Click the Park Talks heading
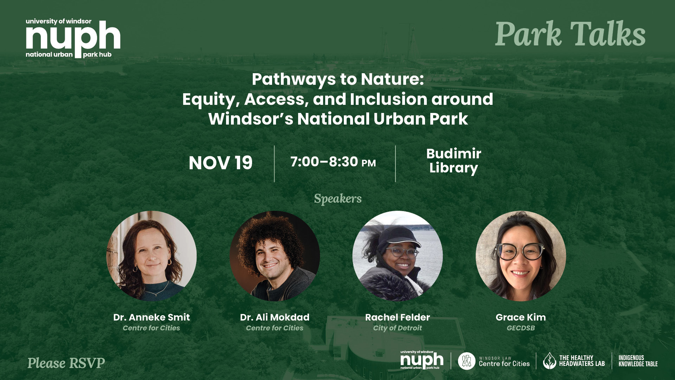(570, 34)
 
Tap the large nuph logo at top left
(73, 38)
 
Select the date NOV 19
(221, 163)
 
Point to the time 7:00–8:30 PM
(333, 162)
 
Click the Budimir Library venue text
(454, 161)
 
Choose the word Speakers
(338, 198)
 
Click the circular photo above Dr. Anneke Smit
(152, 256)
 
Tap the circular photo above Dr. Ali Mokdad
(275, 256)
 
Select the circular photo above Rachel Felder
(398, 256)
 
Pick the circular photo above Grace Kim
(521, 256)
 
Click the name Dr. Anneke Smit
(152, 317)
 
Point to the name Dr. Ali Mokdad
(275, 317)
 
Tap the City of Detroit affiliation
(398, 328)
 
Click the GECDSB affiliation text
(521, 328)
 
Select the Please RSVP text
(66, 363)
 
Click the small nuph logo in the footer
(422, 360)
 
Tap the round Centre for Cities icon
(467, 361)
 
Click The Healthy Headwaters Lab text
(582, 361)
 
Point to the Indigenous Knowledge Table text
(638, 361)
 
